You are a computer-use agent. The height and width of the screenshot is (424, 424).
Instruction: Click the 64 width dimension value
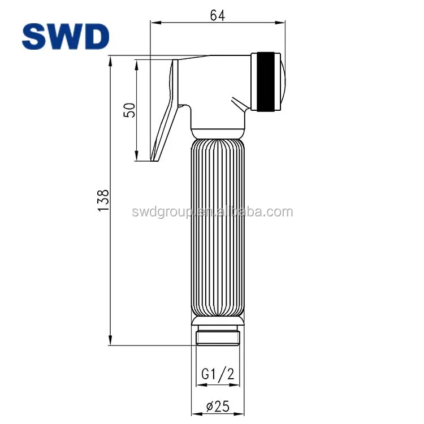(218, 15)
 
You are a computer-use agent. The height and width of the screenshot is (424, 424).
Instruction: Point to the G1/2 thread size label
(218, 374)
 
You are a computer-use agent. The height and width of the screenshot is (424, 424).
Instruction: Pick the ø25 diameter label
(218, 406)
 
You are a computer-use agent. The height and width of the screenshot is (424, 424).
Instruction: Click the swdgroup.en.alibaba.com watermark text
(212, 212)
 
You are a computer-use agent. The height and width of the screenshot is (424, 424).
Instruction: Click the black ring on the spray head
(266, 81)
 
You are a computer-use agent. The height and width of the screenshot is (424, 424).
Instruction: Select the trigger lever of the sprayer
(168, 107)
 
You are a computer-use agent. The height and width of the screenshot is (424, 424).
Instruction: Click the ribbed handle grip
(218, 226)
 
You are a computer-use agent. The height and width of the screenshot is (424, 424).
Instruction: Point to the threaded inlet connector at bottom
(218, 338)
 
